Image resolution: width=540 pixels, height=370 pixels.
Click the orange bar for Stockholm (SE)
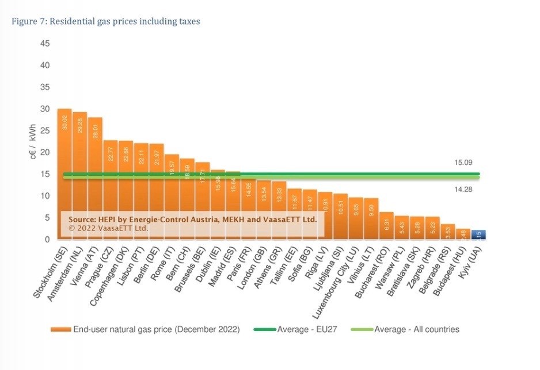pos(64,172)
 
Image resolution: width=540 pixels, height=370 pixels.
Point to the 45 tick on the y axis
pos(45,44)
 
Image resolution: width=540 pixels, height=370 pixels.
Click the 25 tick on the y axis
pos(45,130)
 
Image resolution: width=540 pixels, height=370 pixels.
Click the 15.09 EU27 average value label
pos(463,163)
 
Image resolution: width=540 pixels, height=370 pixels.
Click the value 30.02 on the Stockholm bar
pos(64,122)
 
